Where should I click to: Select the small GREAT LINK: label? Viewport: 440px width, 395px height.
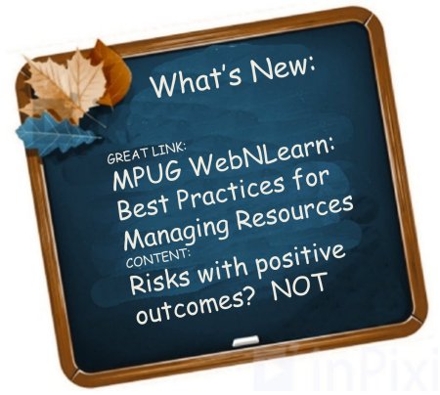pyautogui.click(x=147, y=154)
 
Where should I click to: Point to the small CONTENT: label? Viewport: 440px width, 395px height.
pyautogui.click(x=157, y=257)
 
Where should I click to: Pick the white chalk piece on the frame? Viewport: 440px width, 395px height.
pyautogui.click(x=245, y=341)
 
